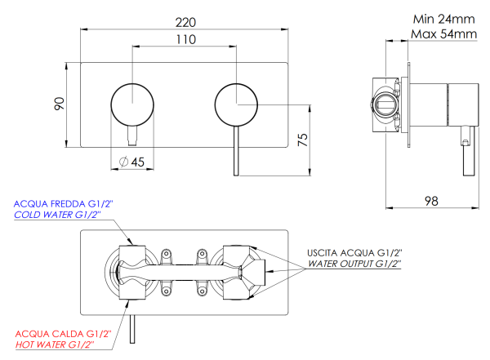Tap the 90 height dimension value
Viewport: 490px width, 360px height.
click(x=59, y=104)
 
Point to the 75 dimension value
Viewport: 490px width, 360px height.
click(x=303, y=140)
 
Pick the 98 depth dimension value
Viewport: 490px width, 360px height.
click(x=433, y=201)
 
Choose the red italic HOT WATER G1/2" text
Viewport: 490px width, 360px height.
click(x=54, y=345)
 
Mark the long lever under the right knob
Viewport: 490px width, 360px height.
click(x=237, y=151)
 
